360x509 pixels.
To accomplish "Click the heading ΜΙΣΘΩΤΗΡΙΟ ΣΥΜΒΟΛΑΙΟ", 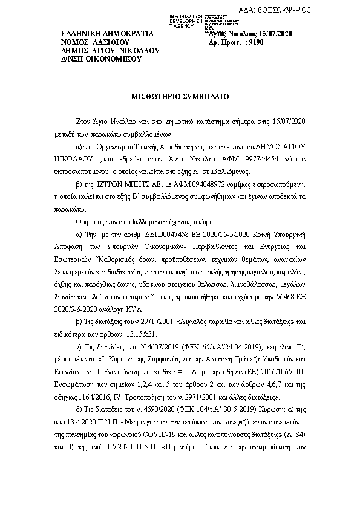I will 180,96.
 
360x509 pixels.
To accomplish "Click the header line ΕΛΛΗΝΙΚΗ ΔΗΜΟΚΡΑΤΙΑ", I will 107,34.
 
